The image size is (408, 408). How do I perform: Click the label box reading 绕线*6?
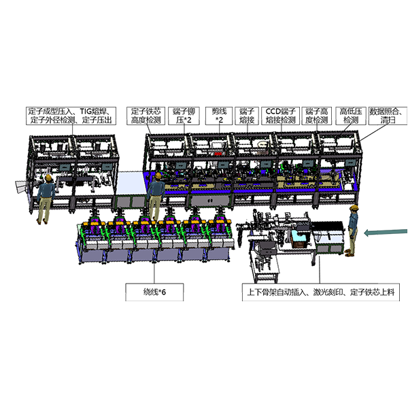click(154, 292)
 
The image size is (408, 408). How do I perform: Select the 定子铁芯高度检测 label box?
click(146, 116)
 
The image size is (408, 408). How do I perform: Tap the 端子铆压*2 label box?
click(184, 116)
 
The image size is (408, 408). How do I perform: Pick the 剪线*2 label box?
click(219, 116)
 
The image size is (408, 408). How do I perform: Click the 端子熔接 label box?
click(247, 116)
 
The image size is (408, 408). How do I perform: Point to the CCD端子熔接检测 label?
click(280, 116)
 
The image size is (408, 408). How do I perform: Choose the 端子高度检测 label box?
click(316, 116)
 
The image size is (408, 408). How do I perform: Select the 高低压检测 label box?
click(351, 116)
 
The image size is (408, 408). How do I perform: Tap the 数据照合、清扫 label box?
click(388, 116)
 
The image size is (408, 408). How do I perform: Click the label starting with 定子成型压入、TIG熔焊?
click(71, 116)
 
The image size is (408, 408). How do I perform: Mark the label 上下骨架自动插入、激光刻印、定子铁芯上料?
click(321, 292)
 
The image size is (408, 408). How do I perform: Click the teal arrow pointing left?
click(386, 232)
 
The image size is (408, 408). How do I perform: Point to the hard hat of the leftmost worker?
click(48, 177)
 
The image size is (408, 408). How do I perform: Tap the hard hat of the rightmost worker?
click(354, 207)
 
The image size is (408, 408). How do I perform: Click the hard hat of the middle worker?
click(158, 175)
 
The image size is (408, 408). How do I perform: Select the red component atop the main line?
click(218, 154)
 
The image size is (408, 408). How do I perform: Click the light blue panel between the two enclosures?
click(130, 183)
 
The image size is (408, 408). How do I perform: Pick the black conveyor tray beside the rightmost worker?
click(328, 228)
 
